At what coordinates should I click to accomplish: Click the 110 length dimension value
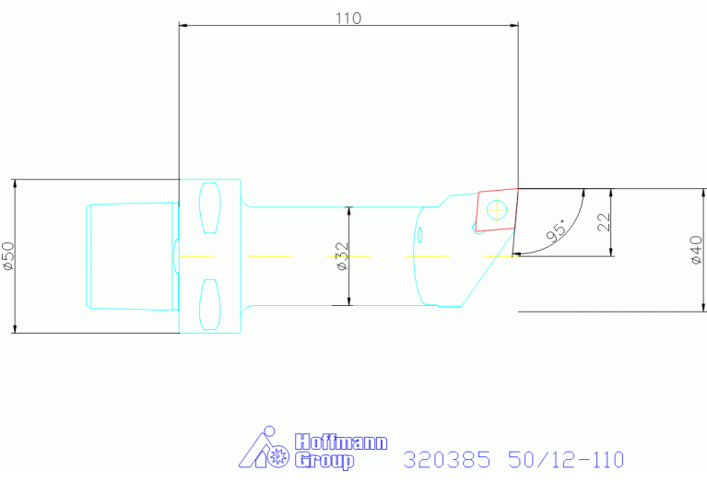pos(348,18)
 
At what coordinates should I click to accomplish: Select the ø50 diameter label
pos(8,256)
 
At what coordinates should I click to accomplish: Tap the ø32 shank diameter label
pos(343,256)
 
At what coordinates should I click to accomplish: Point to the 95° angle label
pos(557,230)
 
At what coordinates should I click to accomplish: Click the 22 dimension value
pos(604,222)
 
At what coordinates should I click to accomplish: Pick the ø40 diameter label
pos(697,250)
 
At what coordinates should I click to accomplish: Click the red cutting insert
pos(496,210)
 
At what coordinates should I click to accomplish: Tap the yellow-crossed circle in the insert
pos(496,209)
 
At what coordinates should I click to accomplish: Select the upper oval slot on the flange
pos(210,208)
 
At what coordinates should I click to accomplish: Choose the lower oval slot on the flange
pos(210,304)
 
